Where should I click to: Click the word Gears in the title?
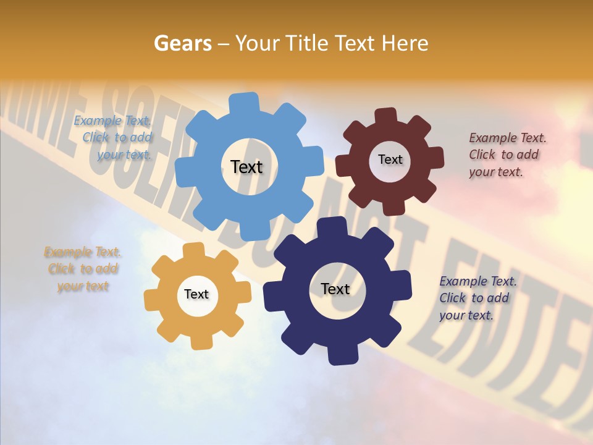click(x=182, y=43)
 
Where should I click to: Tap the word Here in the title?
click(x=405, y=43)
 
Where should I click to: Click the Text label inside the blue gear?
click(x=246, y=167)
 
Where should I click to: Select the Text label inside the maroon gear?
click(x=390, y=159)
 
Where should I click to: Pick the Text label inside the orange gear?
click(x=196, y=294)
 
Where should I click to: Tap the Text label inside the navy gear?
click(x=335, y=289)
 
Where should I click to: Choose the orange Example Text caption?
click(x=83, y=269)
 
